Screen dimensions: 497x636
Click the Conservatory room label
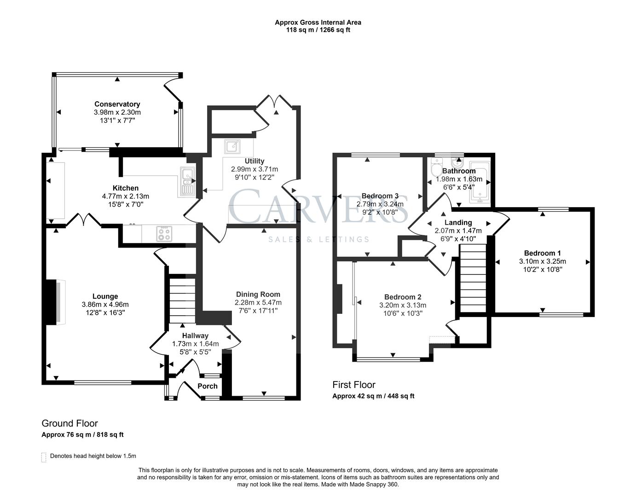click(117, 104)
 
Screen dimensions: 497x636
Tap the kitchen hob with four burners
click(163, 234)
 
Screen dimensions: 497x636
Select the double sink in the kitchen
click(188, 181)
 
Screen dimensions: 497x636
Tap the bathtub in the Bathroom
click(480, 182)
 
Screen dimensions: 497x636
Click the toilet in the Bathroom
click(435, 167)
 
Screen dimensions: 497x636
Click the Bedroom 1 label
click(542, 253)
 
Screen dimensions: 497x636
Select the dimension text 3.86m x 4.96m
click(105, 304)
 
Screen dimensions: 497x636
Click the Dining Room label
click(258, 295)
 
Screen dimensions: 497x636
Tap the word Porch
click(208, 386)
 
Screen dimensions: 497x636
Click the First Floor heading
click(354, 385)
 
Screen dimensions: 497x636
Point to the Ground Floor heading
click(69, 423)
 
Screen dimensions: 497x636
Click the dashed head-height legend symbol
click(44, 457)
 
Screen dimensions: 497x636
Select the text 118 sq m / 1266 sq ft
click(318, 30)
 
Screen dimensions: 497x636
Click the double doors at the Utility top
click(274, 102)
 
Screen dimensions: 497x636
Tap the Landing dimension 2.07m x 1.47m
click(458, 231)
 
